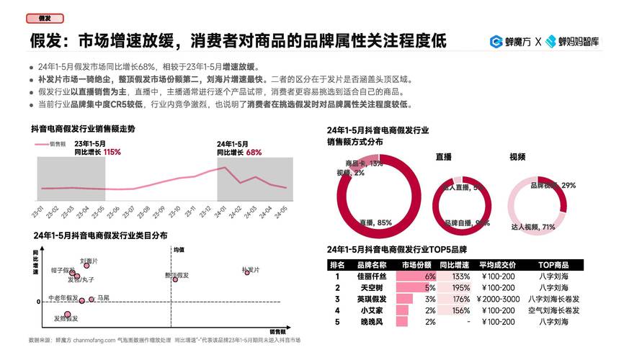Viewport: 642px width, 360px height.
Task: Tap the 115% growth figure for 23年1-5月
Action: coord(112,153)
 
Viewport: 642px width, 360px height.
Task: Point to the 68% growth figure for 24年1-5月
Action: coord(254,153)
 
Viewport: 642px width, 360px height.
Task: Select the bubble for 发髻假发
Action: coord(67,315)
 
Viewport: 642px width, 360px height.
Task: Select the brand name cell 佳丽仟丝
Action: coord(371,276)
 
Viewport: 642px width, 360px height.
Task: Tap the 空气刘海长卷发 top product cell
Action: coord(553,310)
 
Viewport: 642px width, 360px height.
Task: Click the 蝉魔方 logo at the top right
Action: coord(509,42)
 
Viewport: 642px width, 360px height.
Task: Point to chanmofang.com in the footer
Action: coord(84,340)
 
